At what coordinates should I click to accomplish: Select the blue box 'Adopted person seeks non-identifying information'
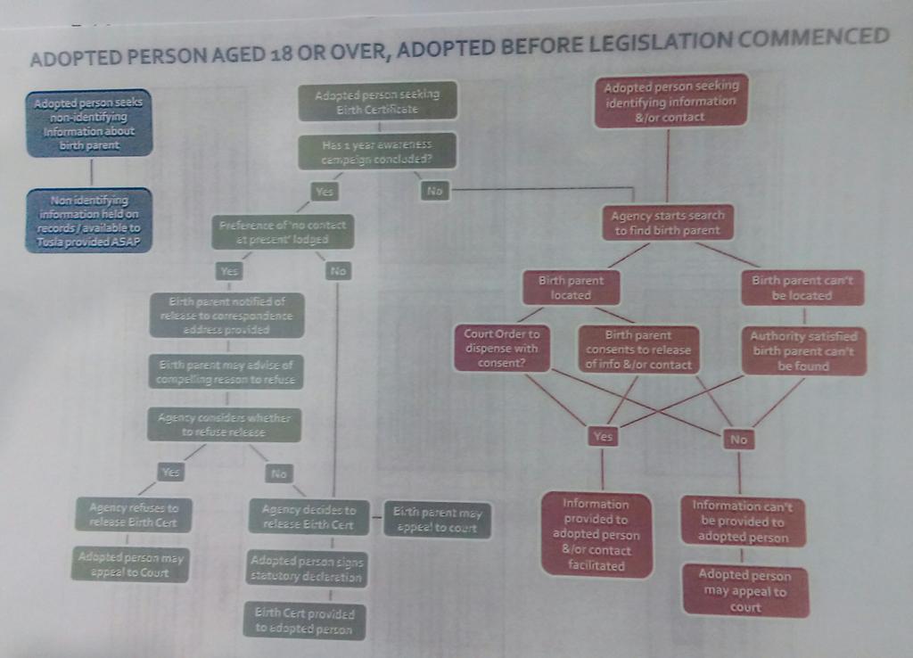point(88,123)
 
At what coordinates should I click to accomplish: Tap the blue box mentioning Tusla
point(88,219)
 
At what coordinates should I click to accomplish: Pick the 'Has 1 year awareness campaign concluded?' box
point(378,151)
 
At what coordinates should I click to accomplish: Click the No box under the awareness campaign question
point(434,190)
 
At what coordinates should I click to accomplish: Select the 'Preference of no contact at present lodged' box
point(283,232)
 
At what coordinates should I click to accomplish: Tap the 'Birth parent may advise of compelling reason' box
point(225,372)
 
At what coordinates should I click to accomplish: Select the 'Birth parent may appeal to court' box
point(437,519)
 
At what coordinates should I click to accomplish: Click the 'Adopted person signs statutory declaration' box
point(307,569)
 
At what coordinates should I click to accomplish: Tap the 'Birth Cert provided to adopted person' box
point(304,621)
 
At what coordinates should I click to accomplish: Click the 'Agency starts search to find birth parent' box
point(668,222)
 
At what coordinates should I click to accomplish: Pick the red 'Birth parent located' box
point(571,287)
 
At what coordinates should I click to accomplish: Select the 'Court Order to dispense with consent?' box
point(501,348)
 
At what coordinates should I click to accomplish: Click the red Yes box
point(603,436)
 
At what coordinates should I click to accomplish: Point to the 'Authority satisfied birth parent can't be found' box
point(803,350)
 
